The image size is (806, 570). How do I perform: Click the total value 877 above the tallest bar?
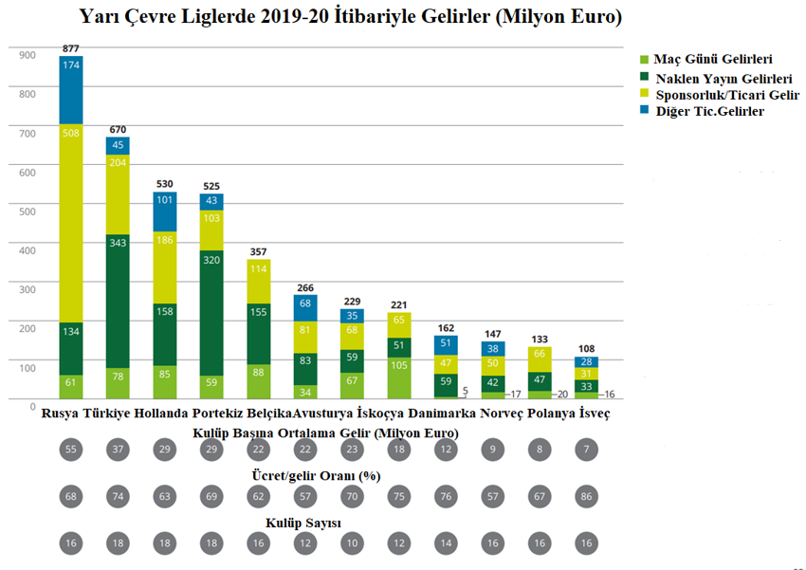pyautogui.click(x=71, y=47)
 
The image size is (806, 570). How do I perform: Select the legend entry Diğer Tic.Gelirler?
pyautogui.click(x=708, y=111)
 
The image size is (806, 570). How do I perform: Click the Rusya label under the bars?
pyautogui.click(x=62, y=414)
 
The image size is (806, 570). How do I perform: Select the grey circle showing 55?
pyautogui.click(x=71, y=449)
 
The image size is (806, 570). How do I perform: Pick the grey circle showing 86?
pyautogui.click(x=588, y=495)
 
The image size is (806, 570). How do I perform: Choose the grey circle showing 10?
pyautogui.click(x=354, y=542)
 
